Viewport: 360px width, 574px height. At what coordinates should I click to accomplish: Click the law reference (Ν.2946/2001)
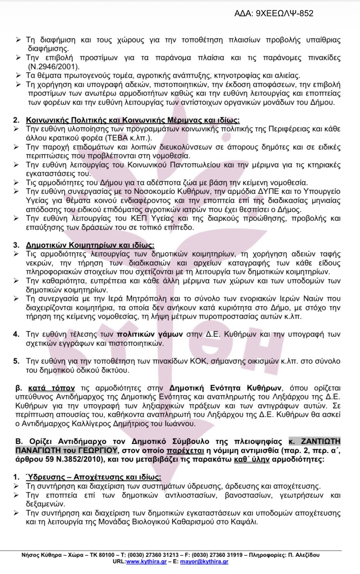click(x=53, y=67)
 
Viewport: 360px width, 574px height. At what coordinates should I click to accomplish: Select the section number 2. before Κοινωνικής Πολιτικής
click(x=16, y=120)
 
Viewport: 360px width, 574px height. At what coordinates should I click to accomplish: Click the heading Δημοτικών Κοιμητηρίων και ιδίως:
click(x=90, y=245)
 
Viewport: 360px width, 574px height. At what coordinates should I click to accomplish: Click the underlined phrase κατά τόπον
click(x=51, y=388)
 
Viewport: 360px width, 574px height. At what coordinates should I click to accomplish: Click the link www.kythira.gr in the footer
click(x=147, y=561)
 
